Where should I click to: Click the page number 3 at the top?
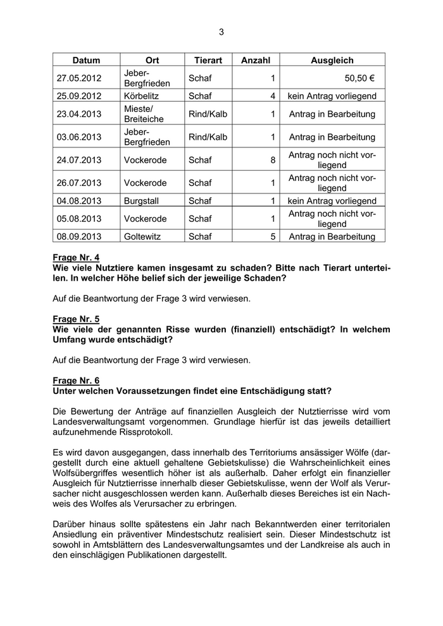point(221,32)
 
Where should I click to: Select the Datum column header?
point(86,61)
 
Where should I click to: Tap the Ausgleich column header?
point(332,61)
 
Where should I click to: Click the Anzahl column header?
point(256,61)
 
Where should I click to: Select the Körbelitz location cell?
point(141,97)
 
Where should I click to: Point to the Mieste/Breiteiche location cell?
point(144,114)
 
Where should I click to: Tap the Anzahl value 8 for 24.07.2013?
point(273,160)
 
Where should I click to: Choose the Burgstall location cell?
point(141,201)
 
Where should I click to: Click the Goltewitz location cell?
point(142,237)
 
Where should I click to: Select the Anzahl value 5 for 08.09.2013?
point(273,237)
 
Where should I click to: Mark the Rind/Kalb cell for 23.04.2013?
point(208,114)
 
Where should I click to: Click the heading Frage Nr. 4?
point(76,258)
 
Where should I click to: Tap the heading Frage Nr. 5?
point(76,319)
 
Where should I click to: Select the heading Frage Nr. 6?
point(76,381)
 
